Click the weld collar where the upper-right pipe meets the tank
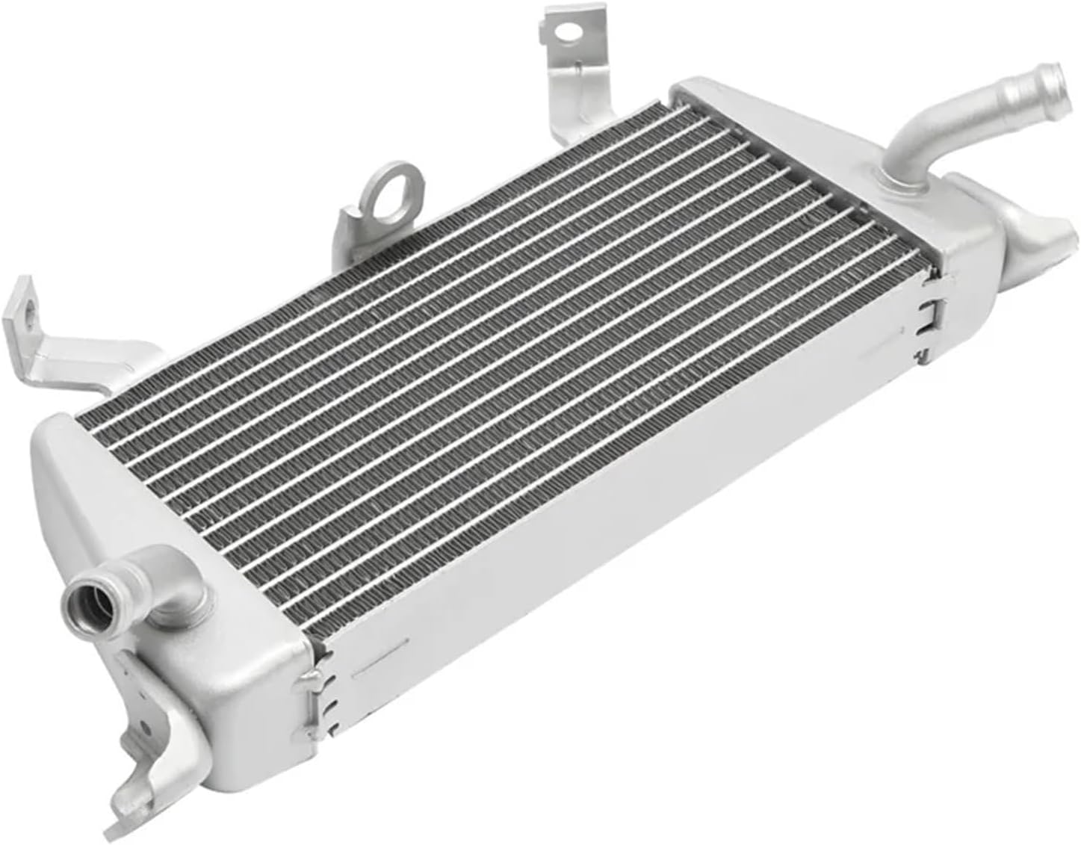pyautogui.click(x=897, y=179)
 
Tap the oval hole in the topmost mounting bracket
pyautogui.click(x=568, y=31)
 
